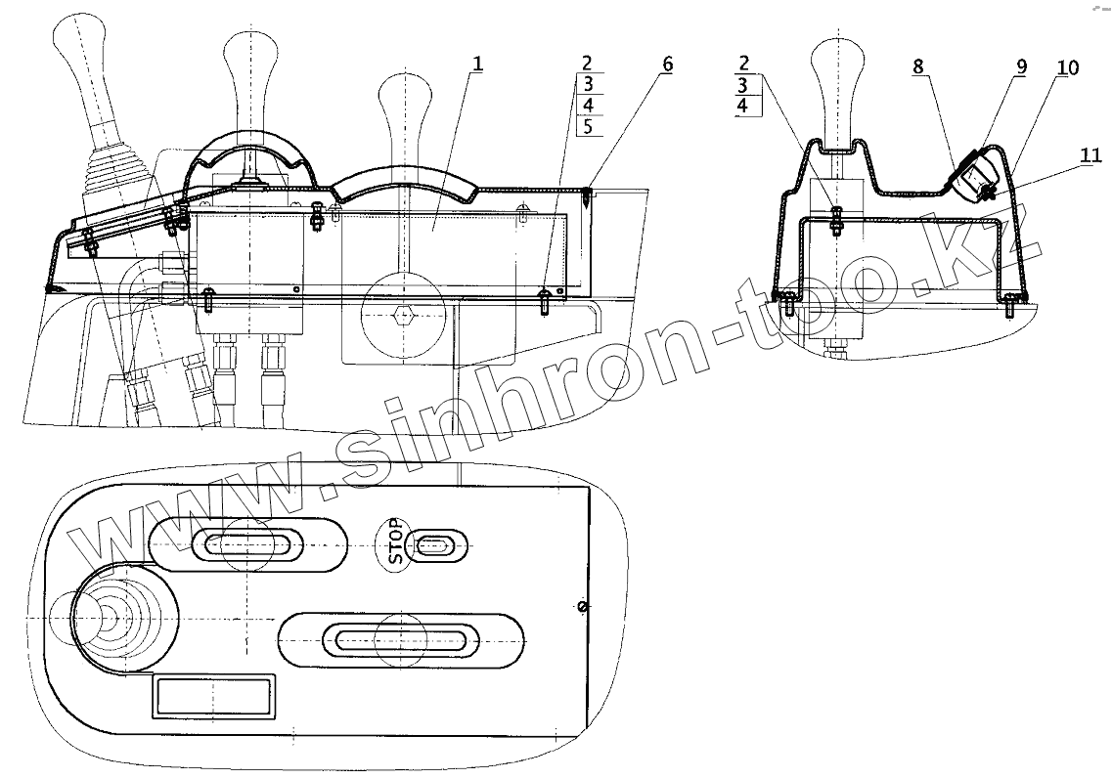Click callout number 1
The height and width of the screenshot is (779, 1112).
(477, 64)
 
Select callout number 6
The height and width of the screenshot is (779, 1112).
(667, 65)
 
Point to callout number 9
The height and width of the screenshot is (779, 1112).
(1021, 66)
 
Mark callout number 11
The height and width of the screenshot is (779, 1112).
(1091, 154)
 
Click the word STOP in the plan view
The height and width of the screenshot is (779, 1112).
(395, 541)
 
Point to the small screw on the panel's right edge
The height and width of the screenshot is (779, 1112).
(583, 607)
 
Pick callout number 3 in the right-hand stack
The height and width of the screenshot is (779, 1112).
(744, 85)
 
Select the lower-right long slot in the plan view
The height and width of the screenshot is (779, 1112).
(401, 640)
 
